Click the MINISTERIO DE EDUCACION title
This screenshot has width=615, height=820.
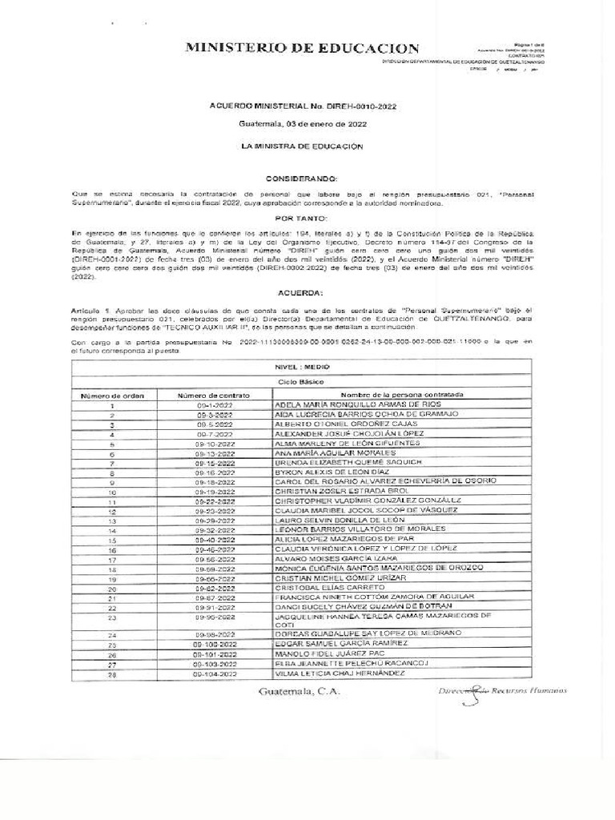tap(302, 49)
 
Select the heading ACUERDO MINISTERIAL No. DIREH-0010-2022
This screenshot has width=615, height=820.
tap(307, 106)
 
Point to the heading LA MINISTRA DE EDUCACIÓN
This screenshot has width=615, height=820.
tap(307, 147)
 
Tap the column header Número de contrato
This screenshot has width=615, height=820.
tap(213, 396)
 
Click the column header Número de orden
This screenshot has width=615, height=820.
tap(111, 396)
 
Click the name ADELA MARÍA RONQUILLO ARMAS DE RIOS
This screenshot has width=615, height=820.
tap(360, 405)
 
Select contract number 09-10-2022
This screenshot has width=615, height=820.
tap(213, 443)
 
